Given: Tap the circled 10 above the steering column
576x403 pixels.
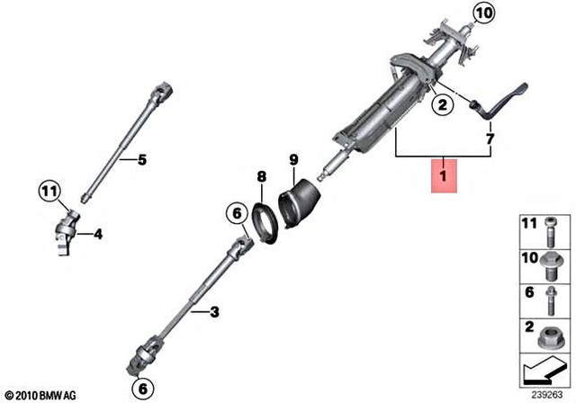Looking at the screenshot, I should pos(484,13).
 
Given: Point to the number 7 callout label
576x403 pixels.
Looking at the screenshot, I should pos(490,139).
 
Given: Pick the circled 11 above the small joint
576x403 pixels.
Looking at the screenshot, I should pos(49,190).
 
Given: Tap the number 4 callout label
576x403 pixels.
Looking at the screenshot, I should pos(98,236).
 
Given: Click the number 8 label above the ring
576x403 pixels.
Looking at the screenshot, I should pos(261,176).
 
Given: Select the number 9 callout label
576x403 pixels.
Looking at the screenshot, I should pos(293,162).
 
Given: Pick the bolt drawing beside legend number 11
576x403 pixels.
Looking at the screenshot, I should pos(549,230).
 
